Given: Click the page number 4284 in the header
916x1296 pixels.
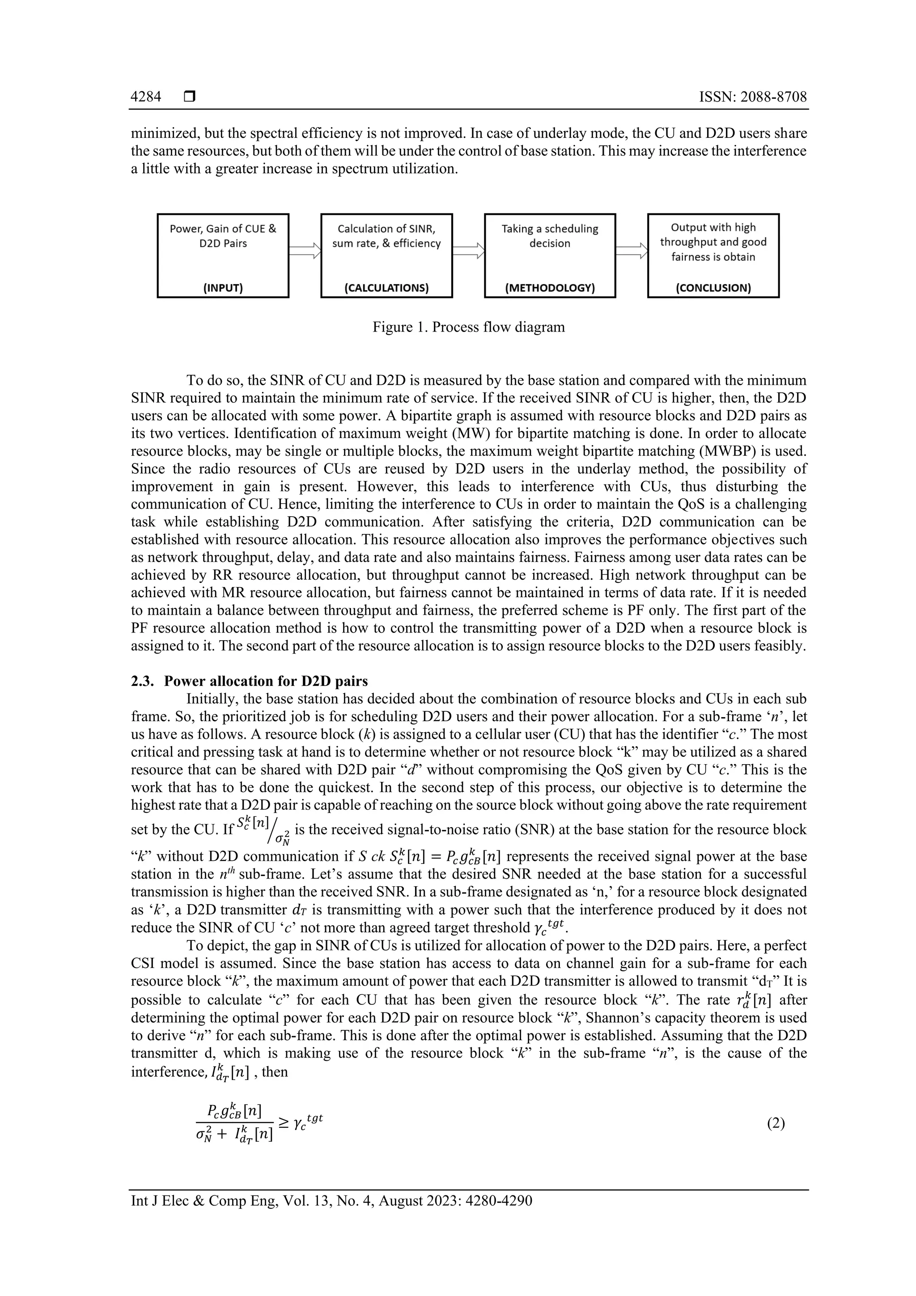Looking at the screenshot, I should point(146,97).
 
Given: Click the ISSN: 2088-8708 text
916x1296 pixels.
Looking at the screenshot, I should point(753,97).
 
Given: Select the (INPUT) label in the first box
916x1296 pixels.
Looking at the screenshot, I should point(223,288).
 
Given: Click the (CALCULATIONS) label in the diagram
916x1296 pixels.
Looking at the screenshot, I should point(386,288).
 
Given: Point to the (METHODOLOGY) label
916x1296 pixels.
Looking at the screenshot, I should point(550,288).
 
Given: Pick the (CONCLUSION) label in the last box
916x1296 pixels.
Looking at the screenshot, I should point(713,288).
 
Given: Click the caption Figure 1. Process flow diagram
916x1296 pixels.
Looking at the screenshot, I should point(468,327).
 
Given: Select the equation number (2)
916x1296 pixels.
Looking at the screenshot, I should point(776,1123).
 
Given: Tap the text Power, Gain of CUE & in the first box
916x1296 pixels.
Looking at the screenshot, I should point(223,229).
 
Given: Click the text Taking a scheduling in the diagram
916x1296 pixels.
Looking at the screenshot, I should point(550,229).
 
